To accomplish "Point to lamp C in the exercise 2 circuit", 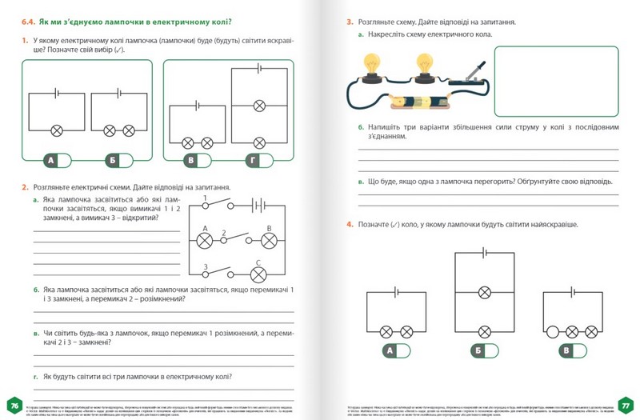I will click(258, 274).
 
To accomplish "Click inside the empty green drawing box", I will click(557, 82).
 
